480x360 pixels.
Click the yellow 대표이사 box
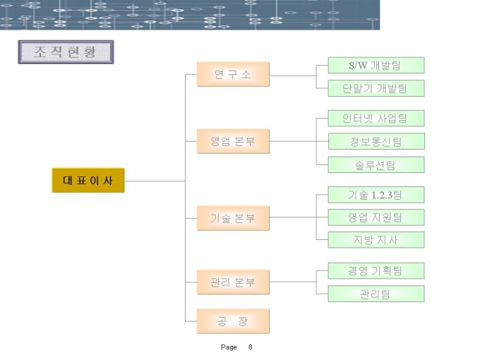88,181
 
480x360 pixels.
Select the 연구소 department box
233,75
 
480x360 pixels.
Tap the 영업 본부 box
233,141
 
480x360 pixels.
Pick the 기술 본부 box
233,217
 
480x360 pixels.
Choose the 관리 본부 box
233,282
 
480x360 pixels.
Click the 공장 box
233,322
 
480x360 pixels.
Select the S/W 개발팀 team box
376,66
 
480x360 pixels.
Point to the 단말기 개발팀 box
376,88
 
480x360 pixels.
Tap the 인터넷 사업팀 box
376,118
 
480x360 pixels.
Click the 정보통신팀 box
376,141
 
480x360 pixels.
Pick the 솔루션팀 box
376,165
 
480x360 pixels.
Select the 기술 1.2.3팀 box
376,194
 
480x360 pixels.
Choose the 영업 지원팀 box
376,217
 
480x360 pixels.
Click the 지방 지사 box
376,240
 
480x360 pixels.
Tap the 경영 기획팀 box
376,270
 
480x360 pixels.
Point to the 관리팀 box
376,294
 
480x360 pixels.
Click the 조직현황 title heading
66,52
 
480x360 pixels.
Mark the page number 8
251,347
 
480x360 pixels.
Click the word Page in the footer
229,347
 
